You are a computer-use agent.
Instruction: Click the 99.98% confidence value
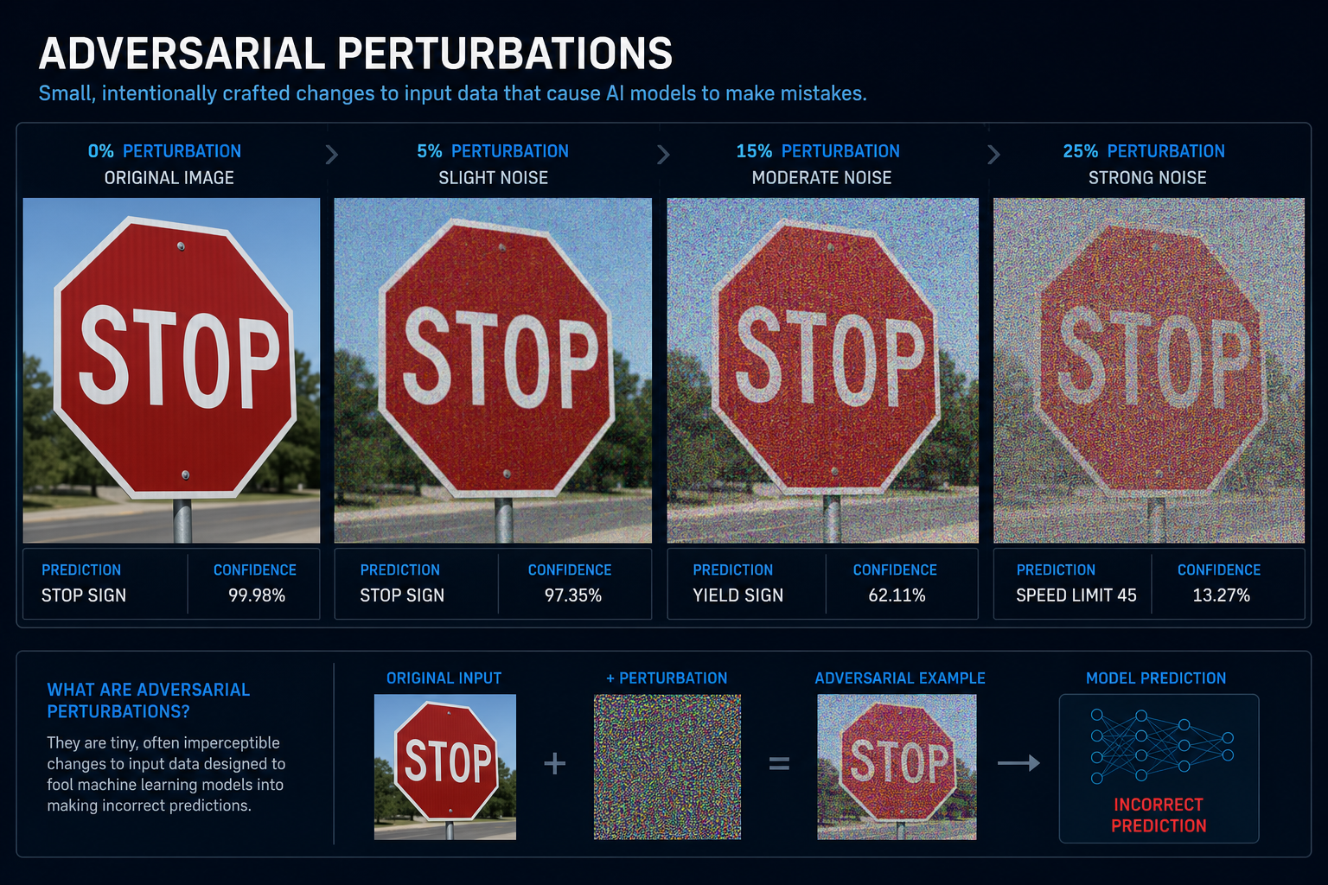(257, 595)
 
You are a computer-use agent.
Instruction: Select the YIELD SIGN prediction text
(738, 595)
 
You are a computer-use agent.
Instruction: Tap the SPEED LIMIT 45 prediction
(1076, 595)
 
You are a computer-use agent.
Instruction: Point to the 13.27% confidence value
(1222, 595)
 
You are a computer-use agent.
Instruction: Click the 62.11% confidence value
(897, 595)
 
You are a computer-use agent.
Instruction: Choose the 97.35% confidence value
(572, 595)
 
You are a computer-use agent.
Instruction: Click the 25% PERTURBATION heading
(1144, 151)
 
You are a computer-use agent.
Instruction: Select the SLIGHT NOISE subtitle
(494, 178)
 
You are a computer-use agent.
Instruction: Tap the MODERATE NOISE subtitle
(821, 178)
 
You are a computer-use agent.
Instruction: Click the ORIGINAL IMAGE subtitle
(169, 178)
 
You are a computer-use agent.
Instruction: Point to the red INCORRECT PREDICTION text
(1159, 815)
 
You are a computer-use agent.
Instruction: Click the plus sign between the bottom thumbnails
(555, 763)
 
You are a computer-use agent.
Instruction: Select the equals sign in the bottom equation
(779, 763)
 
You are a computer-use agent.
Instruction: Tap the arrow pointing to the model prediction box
(1018, 763)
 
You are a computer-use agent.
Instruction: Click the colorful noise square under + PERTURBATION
(667, 767)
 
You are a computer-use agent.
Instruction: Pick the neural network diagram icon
(1162, 746)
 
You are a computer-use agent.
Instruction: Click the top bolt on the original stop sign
(181, 246)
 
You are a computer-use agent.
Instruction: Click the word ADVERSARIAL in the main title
(182, 54)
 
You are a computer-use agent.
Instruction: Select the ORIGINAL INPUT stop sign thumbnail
(445, 767)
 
